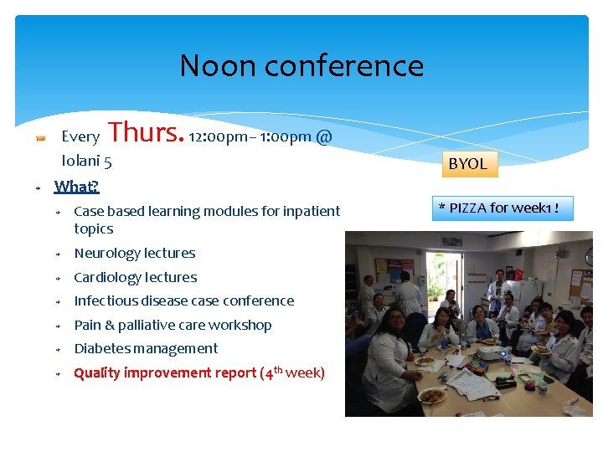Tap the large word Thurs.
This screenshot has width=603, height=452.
[146, 132]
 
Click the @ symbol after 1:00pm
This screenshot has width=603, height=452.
[324, 136]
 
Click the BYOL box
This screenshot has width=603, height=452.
[467, 164]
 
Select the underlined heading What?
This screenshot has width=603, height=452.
[76, 186]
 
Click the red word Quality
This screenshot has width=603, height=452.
[97, 372]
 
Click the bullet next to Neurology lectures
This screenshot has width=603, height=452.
[59, 254]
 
